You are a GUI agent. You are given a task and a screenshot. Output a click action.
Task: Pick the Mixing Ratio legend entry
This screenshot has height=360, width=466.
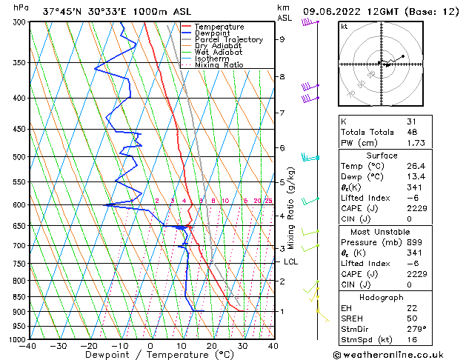219,65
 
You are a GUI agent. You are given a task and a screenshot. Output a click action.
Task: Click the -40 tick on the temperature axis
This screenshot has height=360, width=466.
28,346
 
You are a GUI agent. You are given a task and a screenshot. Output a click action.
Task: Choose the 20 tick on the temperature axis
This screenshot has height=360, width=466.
212,346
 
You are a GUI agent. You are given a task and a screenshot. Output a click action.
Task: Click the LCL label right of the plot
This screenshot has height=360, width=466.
291,261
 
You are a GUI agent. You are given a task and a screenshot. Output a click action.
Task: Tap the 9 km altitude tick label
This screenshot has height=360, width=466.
282,39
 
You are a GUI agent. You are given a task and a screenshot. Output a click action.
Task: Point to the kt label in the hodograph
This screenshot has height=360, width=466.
344,26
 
